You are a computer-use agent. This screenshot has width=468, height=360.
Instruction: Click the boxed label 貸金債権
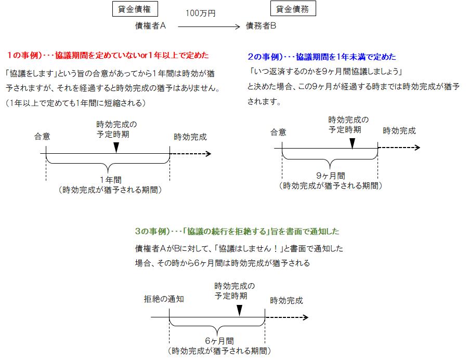click(x=135, y=9)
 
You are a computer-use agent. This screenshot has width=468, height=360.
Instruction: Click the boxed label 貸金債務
click(x=293, y=9)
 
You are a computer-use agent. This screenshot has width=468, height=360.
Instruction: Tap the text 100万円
click(x=200, y=14)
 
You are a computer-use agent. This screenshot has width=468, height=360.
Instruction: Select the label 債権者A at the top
click(x=150, y=25)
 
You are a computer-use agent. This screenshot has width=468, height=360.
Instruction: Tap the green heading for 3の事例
click(x=237, y=231)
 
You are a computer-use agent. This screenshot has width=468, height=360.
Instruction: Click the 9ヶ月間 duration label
click(x=330, y=176)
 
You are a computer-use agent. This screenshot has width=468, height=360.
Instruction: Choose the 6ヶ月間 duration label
click(x=219, y=341)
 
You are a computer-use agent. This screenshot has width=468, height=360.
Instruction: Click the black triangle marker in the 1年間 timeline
click(x=116, y=148)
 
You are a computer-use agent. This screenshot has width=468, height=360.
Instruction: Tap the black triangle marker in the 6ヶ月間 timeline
click(x=239, y=310)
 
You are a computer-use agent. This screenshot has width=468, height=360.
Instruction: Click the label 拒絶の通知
click(x=164, y=300)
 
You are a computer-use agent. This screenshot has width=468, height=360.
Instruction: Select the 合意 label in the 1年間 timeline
click(x=43, y=137)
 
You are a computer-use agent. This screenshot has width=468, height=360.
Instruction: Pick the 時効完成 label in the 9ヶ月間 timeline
click(x=399, y=131)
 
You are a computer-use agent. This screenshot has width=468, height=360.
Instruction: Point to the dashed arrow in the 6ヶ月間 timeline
click(x=287, y=317)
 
